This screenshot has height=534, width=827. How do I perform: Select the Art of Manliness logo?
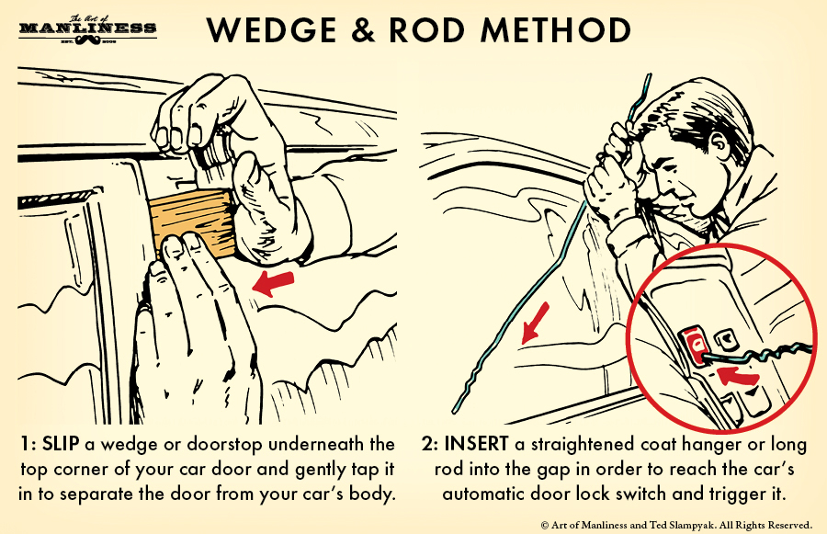click(87, 30)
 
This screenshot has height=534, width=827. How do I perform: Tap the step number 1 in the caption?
click(23, 445)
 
